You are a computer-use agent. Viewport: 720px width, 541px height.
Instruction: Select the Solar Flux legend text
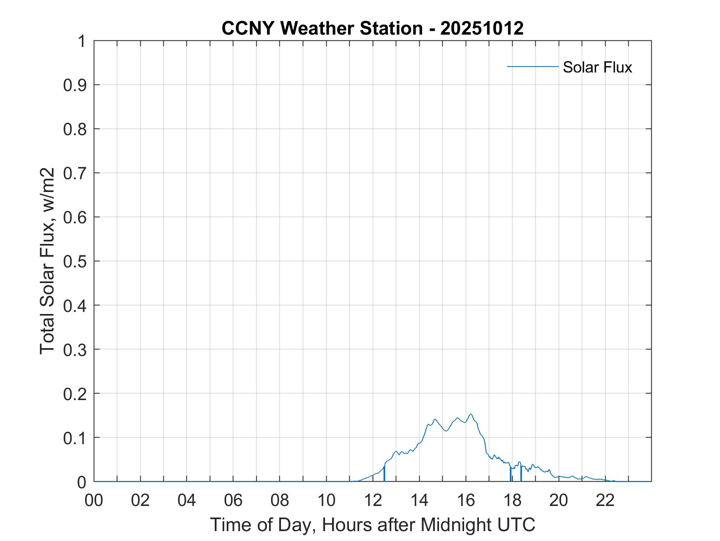click(597, 67)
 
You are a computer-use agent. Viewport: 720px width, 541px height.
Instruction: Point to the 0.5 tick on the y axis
click(75, 261)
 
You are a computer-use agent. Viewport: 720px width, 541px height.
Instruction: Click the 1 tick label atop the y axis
click(81, 41)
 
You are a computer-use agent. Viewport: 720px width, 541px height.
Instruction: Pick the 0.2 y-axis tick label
click(75, 394)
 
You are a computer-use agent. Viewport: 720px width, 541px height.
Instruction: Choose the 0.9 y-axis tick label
click(75, 85)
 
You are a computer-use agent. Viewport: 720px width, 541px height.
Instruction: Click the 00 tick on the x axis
click(94, 501)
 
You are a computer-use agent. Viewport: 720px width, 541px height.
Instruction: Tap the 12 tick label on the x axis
click(373, 501)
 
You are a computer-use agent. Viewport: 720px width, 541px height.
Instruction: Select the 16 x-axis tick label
click(466, 501)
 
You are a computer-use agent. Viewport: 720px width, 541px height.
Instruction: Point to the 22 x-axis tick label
click(605, 501)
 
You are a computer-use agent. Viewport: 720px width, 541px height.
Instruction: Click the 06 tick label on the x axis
click(233, 501)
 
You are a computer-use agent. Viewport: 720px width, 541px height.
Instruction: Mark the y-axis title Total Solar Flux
click(48, 261)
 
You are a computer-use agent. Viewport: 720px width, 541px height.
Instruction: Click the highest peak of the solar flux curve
click(471, 415)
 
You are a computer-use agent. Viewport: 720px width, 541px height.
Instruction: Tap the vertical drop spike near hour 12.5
click(384, 474)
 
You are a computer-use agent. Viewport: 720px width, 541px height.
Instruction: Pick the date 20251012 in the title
click(482, 28)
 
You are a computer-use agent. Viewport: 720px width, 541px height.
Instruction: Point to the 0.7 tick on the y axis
click(75, 173)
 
